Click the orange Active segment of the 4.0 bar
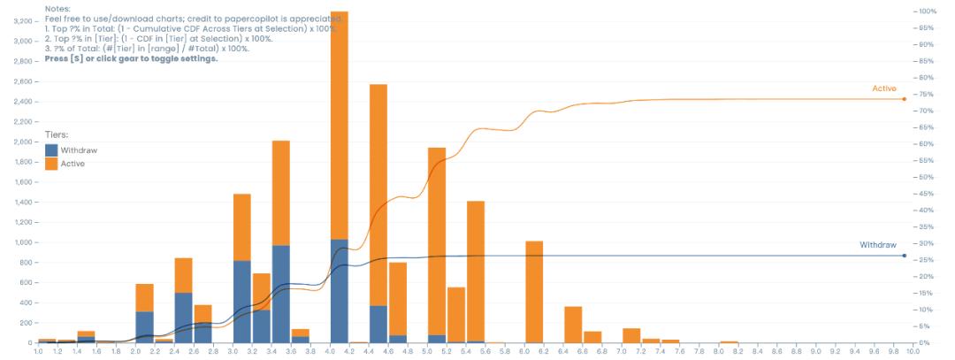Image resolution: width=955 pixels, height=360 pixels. [339, 124]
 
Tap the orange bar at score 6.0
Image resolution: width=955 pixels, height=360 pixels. [533, 291]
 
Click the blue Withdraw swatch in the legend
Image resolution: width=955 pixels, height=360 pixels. [51, 150]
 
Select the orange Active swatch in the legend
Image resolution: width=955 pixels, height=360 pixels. [51, 164]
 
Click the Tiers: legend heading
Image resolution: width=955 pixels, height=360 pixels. [57, 134]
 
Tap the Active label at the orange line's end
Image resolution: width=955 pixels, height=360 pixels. [884, 88]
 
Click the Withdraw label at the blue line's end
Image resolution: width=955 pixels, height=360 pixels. [878, 245]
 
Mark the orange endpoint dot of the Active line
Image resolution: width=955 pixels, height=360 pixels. [904, 98]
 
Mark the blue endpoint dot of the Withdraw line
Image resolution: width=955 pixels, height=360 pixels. [904, 256]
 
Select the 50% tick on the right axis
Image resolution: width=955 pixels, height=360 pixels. [927, 177]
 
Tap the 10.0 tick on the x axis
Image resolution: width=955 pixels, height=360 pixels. [913, 352]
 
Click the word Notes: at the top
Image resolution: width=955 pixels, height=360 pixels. [57, 8]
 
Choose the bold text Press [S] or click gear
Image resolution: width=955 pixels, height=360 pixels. [131, 58]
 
